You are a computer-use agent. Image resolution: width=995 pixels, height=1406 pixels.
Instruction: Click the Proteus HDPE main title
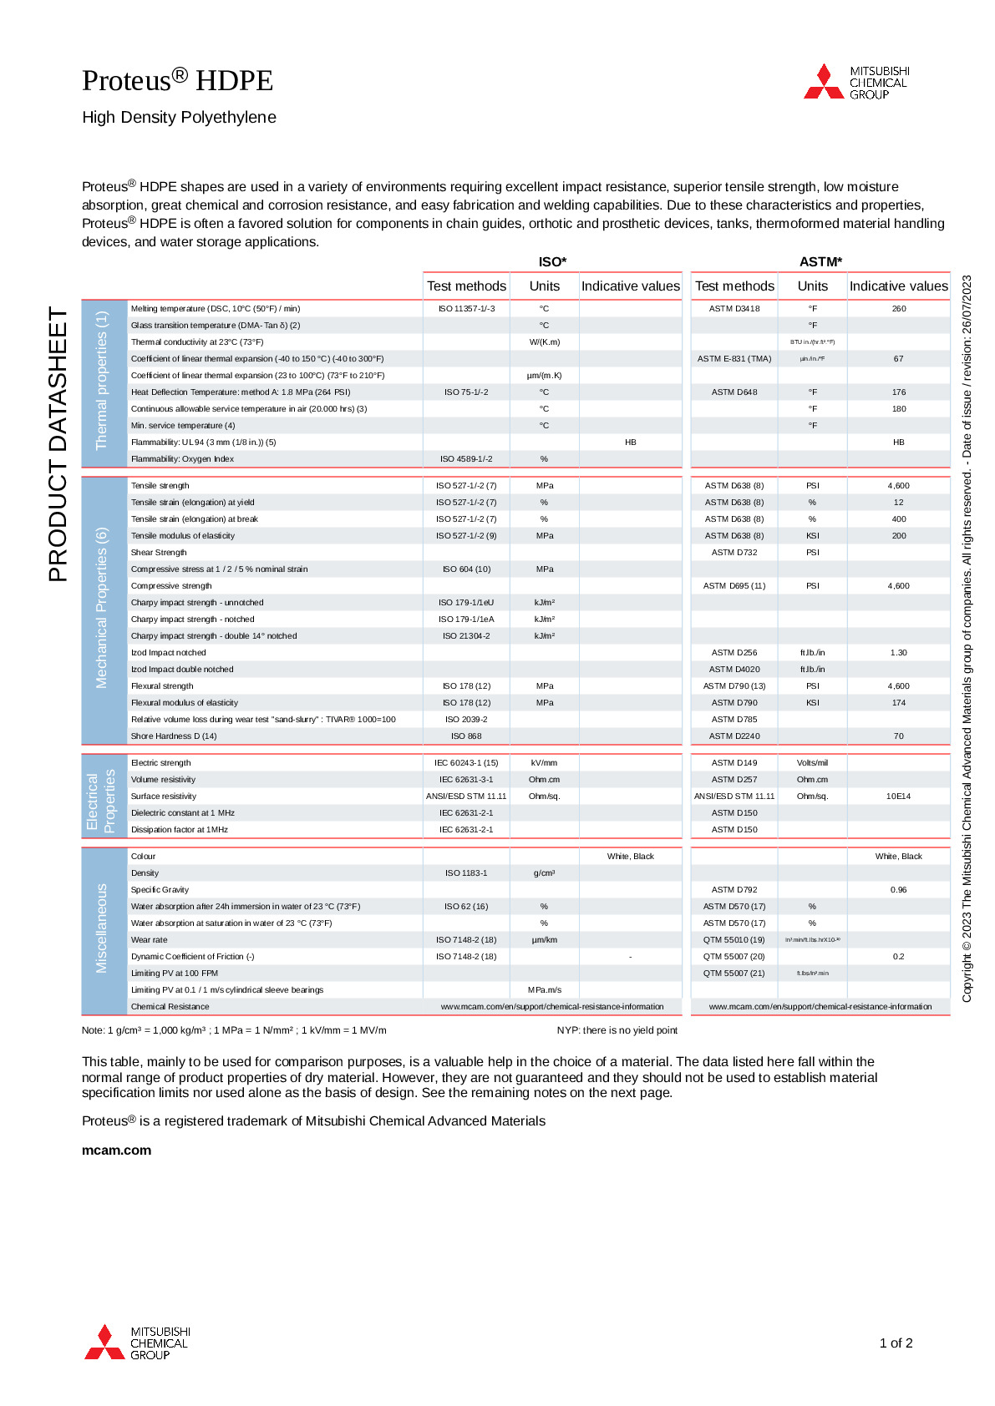tap(177, 80)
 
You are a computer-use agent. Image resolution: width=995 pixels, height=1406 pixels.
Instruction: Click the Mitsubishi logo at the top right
tap(855, 82)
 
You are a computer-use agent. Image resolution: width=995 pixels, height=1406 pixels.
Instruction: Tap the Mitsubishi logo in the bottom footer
tap(137, 1343)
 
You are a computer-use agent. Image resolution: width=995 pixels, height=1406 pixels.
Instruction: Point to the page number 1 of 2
tap(896, 1343)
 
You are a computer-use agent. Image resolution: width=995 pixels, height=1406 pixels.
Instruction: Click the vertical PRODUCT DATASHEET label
tap(58, 444)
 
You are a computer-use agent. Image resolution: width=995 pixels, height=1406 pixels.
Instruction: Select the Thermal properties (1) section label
tap(102, 380)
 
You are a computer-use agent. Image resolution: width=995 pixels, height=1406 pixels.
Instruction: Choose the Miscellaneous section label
tap(102, 928)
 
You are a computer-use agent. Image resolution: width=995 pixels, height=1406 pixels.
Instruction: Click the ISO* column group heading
tap(552, 261)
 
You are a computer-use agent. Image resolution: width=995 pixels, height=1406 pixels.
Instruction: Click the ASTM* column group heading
tap(820, 261)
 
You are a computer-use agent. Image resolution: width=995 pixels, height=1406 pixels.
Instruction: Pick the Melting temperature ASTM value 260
tap(899, 309)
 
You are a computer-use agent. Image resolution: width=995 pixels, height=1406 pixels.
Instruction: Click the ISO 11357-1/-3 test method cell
tap(466, 309)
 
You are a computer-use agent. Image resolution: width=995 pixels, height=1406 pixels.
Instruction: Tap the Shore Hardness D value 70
tap(899, 736)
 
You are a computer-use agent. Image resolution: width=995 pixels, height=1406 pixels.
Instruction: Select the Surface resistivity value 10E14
tap(899, 797)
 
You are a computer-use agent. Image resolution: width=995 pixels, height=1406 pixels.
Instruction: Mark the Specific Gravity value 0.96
tap(899, 890)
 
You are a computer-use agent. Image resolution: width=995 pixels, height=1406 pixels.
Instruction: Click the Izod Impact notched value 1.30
tap(899, 653)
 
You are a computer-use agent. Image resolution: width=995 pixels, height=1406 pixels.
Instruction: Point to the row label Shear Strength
tap(159, 553)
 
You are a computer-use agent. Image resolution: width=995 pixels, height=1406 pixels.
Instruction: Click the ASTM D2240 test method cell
tap(734, 736)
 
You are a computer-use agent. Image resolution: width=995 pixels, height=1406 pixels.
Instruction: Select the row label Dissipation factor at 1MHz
tap(179, 830)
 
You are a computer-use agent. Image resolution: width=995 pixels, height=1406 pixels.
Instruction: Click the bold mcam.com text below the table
tap(116, 1150)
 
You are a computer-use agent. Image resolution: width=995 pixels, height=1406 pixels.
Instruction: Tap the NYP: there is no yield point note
tap(617, 1030)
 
